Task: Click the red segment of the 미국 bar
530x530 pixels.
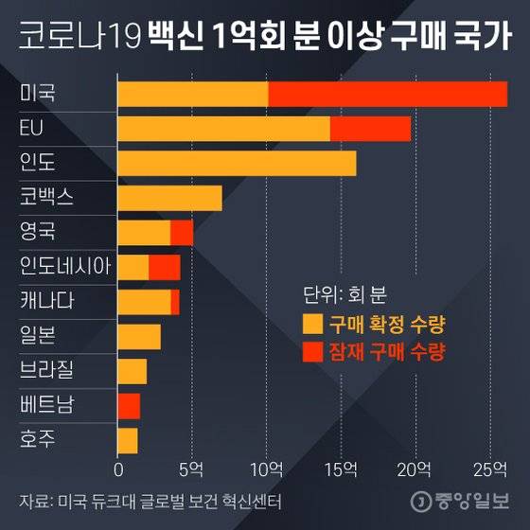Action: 388,94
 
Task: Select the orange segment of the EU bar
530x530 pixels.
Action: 223,129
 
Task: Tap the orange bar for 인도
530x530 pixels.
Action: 237,163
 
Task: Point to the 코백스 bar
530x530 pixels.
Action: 169,198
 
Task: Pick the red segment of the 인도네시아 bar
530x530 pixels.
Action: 165,267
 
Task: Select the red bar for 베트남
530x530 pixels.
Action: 129,406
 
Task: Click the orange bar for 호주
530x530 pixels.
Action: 128,440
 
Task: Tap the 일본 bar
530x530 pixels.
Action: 139,337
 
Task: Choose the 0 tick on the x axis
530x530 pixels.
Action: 118,468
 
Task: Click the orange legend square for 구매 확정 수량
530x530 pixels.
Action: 311,324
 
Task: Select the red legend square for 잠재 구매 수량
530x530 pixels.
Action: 311,352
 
